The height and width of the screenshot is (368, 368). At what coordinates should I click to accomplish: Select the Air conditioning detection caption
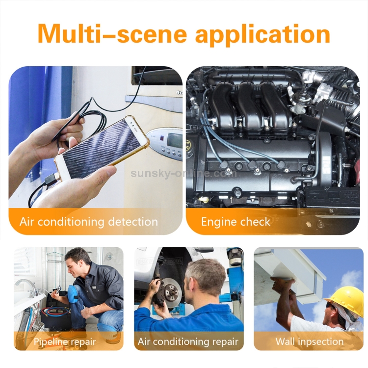tap(89, 222)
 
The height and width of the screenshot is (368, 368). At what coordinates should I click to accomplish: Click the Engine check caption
tap(236, 222)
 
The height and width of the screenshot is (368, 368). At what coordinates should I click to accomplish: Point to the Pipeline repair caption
tap(65, 342)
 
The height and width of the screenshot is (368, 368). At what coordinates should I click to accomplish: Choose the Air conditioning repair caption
tap(188, 342)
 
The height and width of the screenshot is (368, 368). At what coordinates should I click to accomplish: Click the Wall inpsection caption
tap(309, 342)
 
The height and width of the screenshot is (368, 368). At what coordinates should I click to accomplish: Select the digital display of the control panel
tap(174, 140)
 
